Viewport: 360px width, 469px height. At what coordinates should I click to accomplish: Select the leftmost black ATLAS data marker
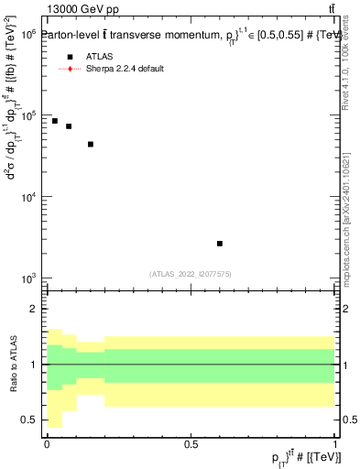pyautogui.click(x=55, y=121)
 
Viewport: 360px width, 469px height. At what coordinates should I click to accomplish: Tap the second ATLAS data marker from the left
pyautogui.click(x=69, y=126)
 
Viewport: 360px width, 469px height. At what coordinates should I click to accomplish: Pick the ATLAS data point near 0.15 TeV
pyautogui.click(x=91, y=144)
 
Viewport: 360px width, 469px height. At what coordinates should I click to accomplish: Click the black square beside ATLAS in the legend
pyautogui.click(x=69, y=57)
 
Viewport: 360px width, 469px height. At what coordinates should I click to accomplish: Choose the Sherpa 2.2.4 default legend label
pyautogui.click(x=125, y=69)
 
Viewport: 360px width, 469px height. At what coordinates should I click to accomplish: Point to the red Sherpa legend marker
pyautogui.click(x=69, y=69)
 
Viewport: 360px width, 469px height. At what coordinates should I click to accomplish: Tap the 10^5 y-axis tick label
pyautogui.click(x=27, y=115)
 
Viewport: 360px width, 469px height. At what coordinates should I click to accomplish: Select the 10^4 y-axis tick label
pyautogui.click(x=27, y=197)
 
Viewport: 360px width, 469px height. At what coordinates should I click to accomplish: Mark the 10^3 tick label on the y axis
pyautogui.click(x=27, y=278)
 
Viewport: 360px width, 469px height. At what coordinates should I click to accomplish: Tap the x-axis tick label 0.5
pyautogui.click(x=191, y=444)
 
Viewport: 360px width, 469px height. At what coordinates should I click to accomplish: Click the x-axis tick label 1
pyautogui.click(x=335, y=444)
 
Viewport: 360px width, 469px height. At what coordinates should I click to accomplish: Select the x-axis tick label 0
pyautogui.click(x=47, y=444)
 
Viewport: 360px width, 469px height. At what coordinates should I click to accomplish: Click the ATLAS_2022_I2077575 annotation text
pyautogui.click(x=191, y=273)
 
